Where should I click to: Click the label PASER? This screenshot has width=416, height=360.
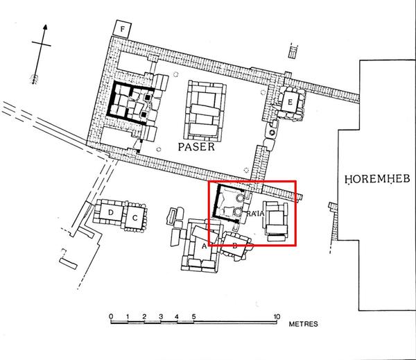[x=196, y=146]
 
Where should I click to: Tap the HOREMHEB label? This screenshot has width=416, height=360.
[x=377, y=179]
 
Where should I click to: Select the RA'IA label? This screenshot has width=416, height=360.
[x=255, y=213]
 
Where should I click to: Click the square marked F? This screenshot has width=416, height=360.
[x=122, y=29]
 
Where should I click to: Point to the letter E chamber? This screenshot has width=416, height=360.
[x=290, y=102]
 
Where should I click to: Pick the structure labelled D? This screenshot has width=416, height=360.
[x=111, y=212]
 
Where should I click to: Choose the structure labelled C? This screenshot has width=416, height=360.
[x=135, y=218]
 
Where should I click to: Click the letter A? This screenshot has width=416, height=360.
[x=204, y=246]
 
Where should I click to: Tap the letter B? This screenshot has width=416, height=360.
[x=235, y=246]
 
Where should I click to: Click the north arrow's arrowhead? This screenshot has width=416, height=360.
[x=45, y=27]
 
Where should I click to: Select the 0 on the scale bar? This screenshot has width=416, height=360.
[x=111, y=316]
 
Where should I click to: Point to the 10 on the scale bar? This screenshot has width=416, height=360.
[x=277, y=316]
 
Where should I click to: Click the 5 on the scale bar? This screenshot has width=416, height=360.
[x=194, y=316]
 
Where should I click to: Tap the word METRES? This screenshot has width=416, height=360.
[x=303, y=324]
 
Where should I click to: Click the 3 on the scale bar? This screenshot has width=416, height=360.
[x=161, y=316]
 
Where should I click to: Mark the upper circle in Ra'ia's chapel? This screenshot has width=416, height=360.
[x=240, y=198]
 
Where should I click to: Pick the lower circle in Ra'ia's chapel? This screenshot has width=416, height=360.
[x=237, y=212]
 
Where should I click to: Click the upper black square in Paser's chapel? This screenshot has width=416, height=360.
[x=147, y=98]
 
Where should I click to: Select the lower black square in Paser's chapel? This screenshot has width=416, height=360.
[x=144, y=114]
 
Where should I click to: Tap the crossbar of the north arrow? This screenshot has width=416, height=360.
[x=42, y=44]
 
